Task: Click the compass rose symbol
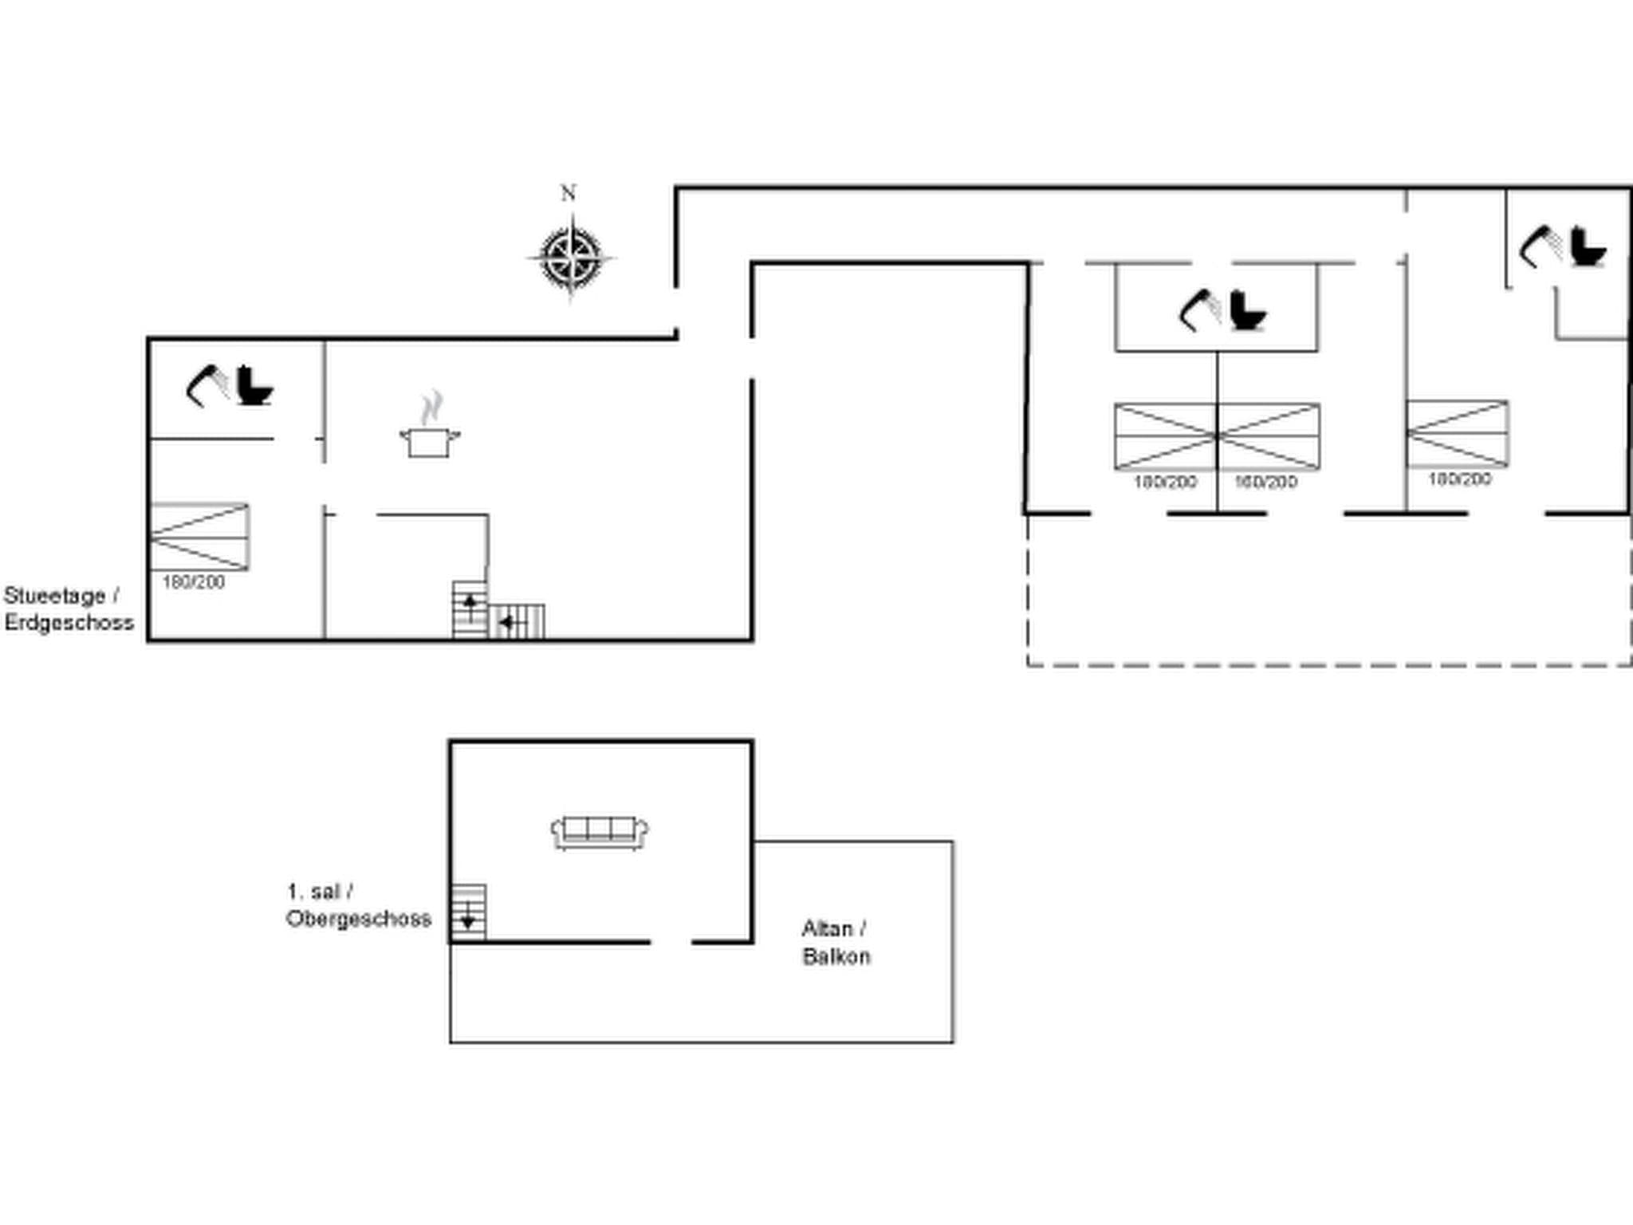(571, 258)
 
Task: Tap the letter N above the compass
(568, 193)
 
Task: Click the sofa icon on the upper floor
(600, 832)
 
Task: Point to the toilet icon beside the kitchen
(254, 386)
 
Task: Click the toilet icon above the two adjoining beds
(1247, 311)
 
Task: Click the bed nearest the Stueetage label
(199, 537)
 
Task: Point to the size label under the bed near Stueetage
(194, 582)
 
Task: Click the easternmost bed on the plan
(1457, 433)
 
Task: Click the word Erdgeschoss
(69, 623)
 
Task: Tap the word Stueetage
(55, 596)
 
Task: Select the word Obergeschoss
(359, 919)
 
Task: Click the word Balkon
(836, 956)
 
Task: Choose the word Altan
(827, 928)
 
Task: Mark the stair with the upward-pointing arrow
(470, 609)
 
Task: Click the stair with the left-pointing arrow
(517, 622)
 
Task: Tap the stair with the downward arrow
(468, 912)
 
